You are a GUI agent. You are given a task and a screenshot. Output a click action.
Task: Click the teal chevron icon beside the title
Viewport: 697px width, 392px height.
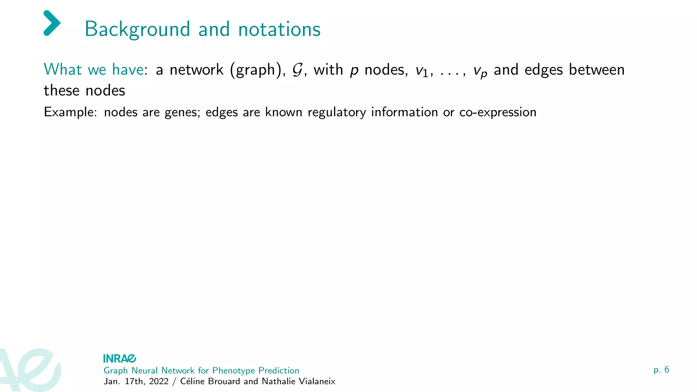tap(52, 23)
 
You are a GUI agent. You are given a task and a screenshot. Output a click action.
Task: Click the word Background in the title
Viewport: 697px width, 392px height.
tap(137, 29)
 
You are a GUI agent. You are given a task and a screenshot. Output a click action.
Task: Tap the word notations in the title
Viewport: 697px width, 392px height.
tap(279, 29)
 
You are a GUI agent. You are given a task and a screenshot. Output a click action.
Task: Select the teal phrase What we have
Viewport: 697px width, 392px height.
tap(94, 70)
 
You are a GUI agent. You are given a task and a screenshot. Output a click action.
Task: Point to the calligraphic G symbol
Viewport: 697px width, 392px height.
tap(297, 70)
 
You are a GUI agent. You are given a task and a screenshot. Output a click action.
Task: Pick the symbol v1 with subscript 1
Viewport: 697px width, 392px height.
tap(422, 70)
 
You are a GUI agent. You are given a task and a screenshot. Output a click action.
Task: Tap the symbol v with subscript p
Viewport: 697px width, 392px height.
tap(480, 71)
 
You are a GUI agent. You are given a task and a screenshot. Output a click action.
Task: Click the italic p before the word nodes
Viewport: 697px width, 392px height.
tap(354, 70)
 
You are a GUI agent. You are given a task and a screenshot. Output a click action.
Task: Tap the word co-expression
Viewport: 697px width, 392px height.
tap(498, 113)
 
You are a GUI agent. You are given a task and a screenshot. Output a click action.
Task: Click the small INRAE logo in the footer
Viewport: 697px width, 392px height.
tap(119, 358)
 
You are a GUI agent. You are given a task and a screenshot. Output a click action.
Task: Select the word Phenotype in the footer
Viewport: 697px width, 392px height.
tap(233, 371)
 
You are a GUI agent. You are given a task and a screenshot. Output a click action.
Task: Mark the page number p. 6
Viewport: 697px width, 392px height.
tap(661, 370)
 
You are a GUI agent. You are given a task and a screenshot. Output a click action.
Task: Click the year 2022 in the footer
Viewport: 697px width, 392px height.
tap(159, 381)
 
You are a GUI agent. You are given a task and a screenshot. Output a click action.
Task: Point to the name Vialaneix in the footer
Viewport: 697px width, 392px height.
tap(317, 381)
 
